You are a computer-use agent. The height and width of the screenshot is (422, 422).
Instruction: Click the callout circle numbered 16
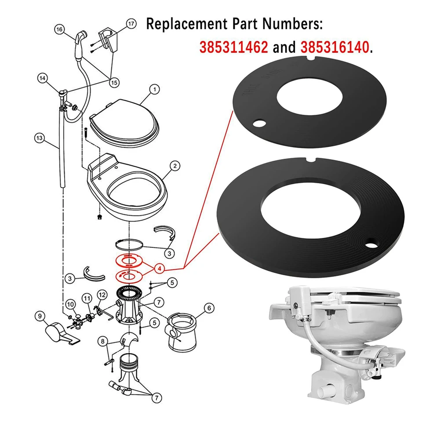pos(60,30)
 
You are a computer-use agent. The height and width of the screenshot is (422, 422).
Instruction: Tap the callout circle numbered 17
pos(131,24)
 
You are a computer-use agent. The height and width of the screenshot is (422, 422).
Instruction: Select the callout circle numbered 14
pos(42,78)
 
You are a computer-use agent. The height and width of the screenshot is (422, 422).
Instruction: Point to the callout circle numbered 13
pos(39,138)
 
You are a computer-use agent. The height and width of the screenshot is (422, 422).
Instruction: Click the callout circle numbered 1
pos(154,90)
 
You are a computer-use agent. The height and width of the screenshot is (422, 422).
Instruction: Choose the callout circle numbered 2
pos(175,166)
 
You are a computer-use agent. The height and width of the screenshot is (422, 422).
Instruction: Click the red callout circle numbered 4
pos(160,268)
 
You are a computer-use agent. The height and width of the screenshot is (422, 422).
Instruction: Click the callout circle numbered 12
pos(102,294)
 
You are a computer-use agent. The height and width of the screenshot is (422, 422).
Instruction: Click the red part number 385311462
pos(233,47)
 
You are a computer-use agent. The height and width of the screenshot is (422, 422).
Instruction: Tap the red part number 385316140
pos(334,47)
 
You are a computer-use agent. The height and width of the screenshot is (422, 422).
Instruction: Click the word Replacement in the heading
pos(181,24)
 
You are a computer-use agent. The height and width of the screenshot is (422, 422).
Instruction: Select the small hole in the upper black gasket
pos(260,124)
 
